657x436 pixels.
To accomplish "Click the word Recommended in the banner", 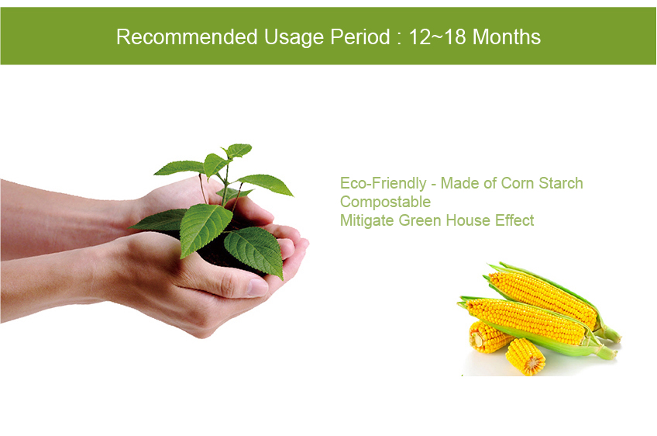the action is [x=187, y=36].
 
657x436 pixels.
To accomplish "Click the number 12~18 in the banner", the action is [x=437, y=37].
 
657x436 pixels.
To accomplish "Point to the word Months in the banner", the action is [x=507, y=36].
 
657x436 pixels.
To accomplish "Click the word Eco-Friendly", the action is [x=383, y=183].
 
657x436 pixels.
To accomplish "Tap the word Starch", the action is [x=561, y=183].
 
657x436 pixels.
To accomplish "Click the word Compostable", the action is [x=386, y=202].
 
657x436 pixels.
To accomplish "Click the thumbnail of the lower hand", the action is [x=257, y=288].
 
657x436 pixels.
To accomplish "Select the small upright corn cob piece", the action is [x=525, y=356].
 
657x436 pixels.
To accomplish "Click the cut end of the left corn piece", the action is [x=476, y=339].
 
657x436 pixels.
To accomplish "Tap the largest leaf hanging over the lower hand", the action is [x=254, y=250].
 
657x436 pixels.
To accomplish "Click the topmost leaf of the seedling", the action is [x=238, y=150].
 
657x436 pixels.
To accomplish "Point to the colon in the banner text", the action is [x=399, y=39].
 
